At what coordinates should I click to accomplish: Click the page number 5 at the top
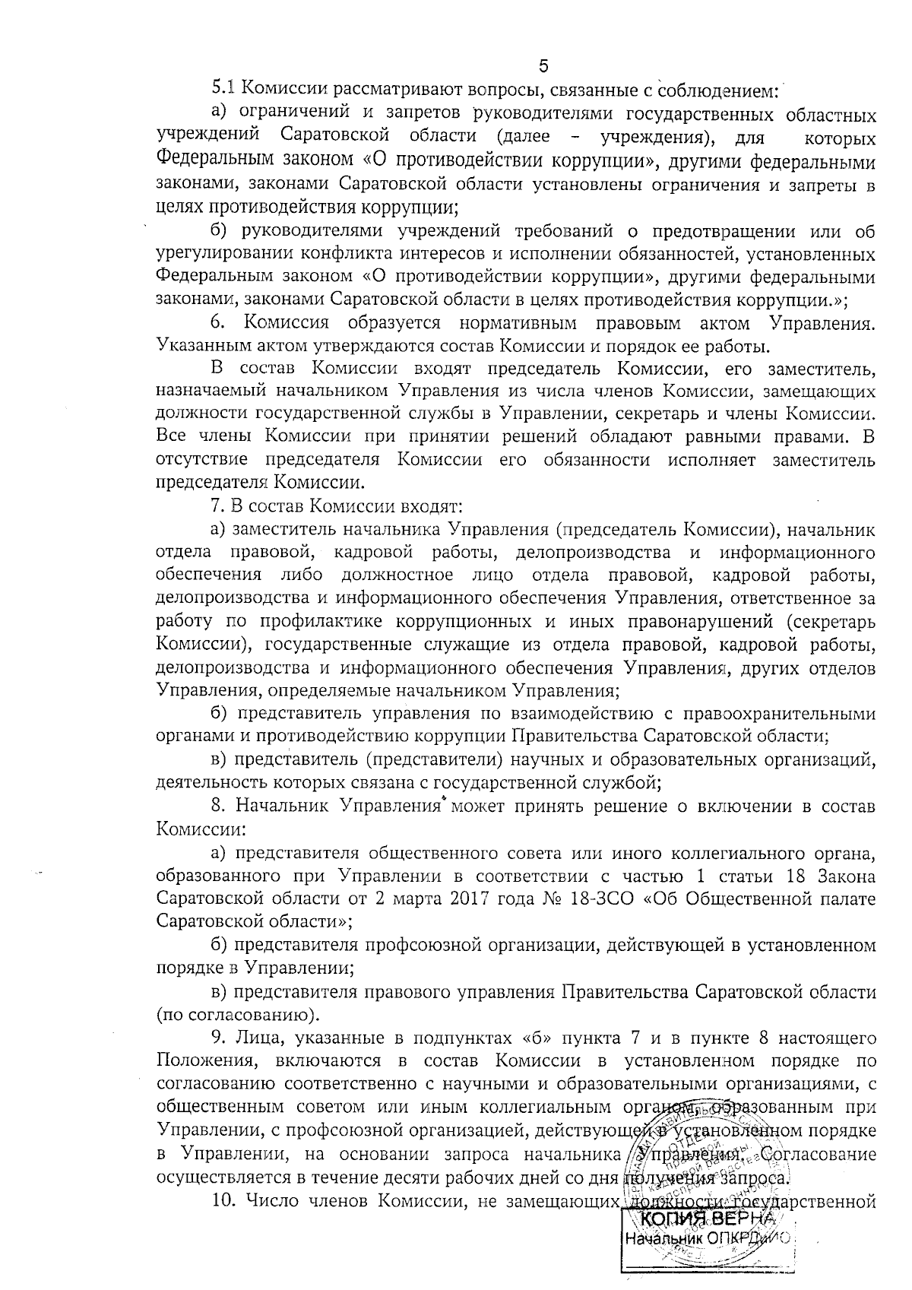(543, 65)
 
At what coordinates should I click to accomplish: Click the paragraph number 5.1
(225, 90)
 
